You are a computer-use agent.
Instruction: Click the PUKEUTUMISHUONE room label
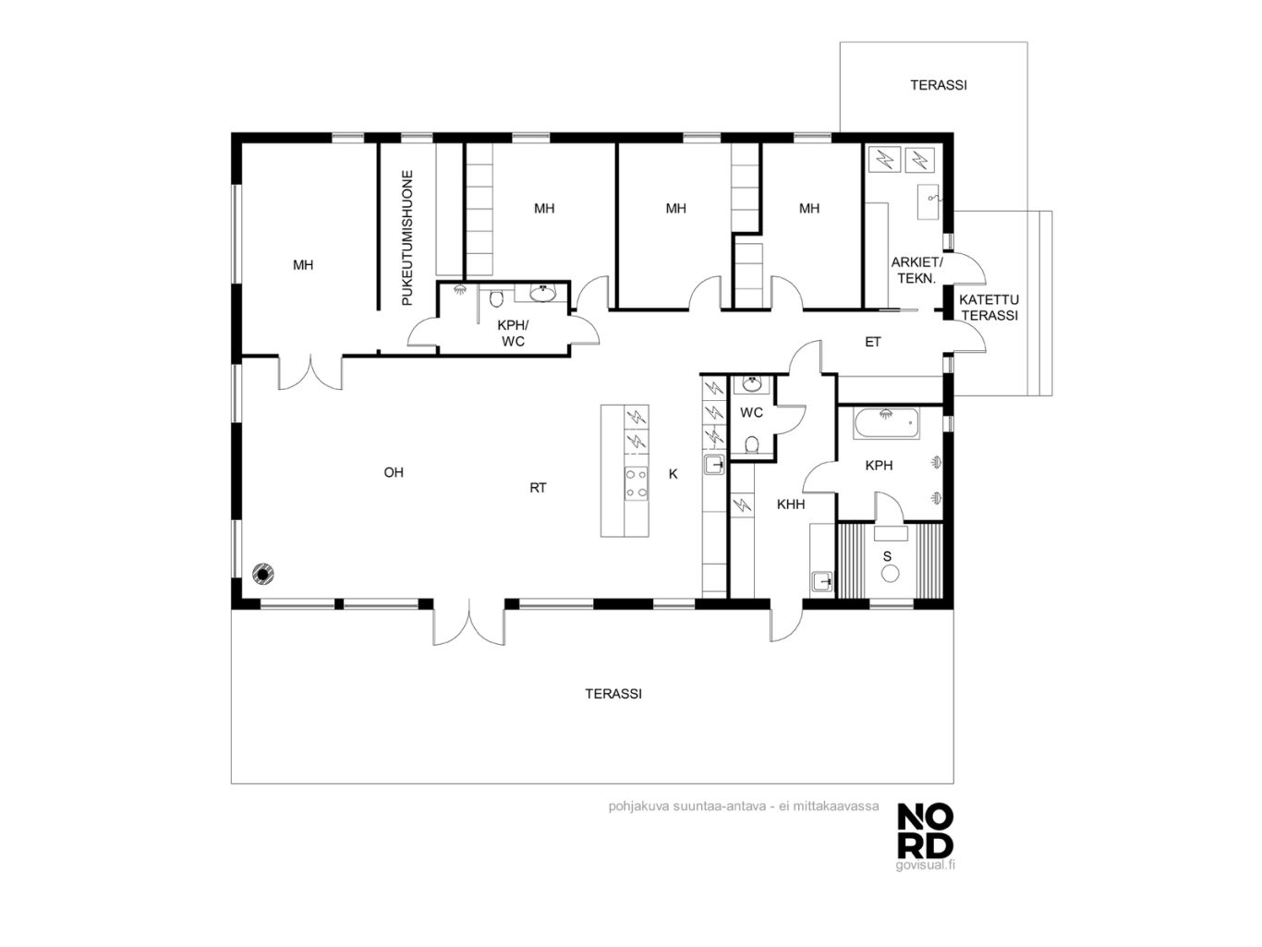(407, 237)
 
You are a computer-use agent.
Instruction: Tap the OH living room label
(394, 472)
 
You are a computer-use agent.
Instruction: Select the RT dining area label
(538, 488)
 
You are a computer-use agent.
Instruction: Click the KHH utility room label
(791, 504)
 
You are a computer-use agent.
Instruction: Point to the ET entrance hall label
(872, 342)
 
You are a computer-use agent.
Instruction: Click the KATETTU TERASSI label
(989, 307)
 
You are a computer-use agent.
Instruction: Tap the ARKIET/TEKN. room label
(916, 271)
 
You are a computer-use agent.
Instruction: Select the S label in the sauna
(887, 556)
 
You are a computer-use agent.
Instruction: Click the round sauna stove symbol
(890, 573)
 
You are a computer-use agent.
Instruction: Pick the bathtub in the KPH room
(886, 423)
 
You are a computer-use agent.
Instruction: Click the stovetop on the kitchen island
(637, 483)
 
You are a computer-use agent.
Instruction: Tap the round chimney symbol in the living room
(262, 574)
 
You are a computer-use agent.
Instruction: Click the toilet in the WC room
(751, 444)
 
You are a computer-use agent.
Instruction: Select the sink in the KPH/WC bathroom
(542, 293)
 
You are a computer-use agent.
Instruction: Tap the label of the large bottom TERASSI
(613, 694)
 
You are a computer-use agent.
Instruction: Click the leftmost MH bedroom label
(303, 265)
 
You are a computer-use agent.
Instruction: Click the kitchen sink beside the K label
(714, 465)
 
